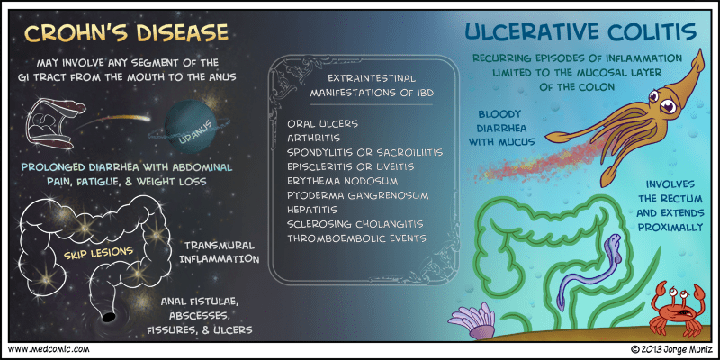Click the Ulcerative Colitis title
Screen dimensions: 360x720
580,32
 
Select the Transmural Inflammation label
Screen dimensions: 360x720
220,252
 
